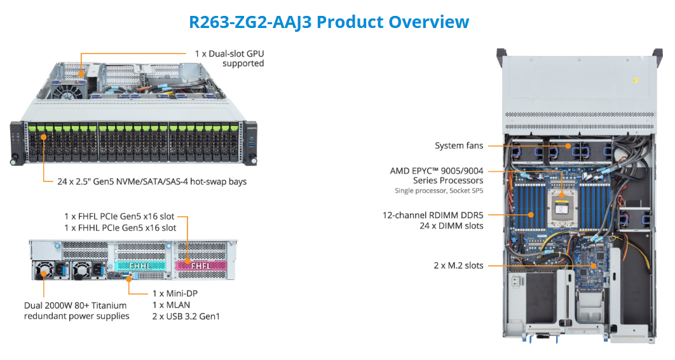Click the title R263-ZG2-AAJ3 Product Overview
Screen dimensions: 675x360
329,22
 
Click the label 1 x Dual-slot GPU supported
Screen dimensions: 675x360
229,59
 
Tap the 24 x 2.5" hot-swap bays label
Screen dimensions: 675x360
152,182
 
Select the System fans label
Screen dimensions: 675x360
459,146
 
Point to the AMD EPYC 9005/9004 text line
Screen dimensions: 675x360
437,171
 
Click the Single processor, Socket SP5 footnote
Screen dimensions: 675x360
439,191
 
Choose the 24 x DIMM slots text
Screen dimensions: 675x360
451,226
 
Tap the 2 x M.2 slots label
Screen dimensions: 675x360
458,266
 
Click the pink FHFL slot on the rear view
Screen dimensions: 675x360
201,265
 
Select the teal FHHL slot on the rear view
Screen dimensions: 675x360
140,265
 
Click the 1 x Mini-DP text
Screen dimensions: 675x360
175,294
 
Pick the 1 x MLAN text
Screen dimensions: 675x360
171,305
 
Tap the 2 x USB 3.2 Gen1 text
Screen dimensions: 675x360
186,317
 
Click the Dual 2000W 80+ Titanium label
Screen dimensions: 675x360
76,305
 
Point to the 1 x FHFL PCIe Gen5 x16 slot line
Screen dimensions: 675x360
119,216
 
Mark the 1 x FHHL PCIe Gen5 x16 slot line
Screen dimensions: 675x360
120,228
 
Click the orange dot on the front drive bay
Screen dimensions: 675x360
43,137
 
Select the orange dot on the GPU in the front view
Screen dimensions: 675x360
81,74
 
